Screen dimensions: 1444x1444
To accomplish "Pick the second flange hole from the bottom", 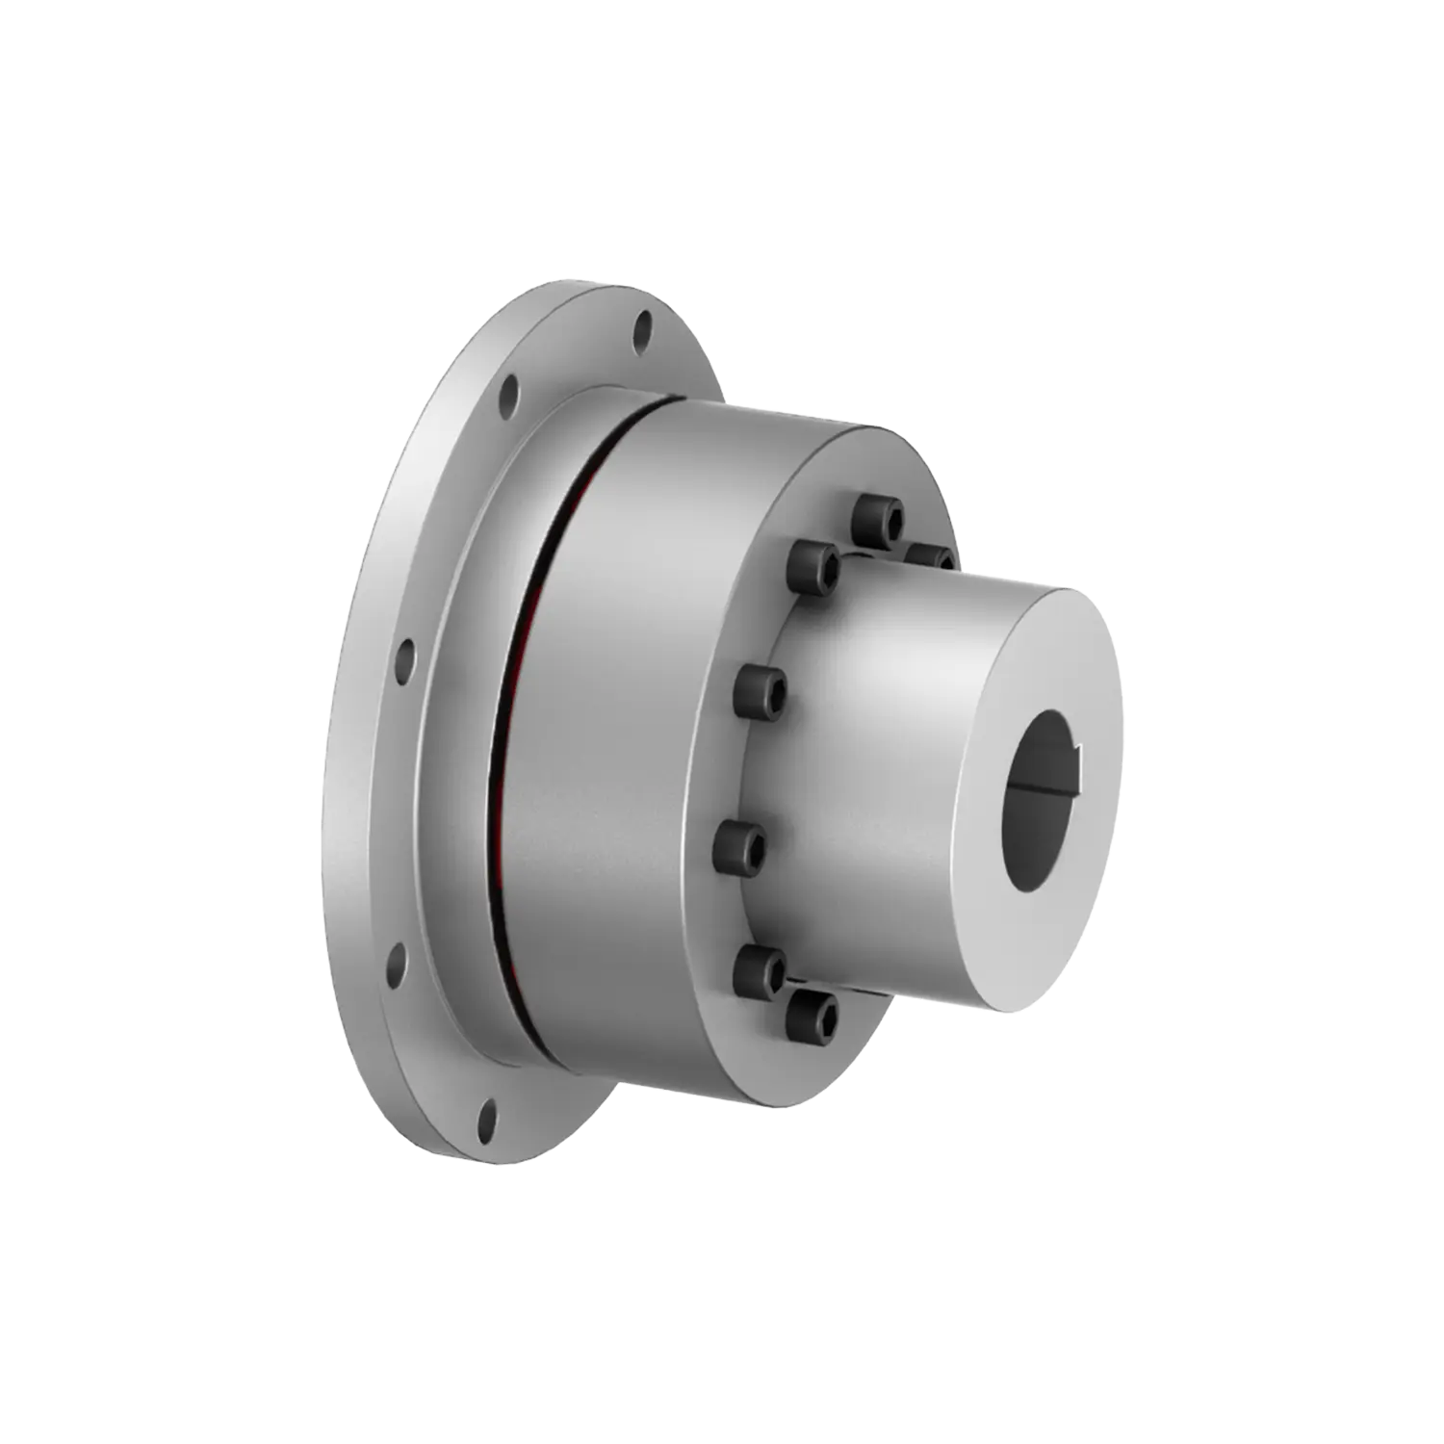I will coord(395,967).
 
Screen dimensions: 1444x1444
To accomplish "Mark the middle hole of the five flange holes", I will coord(405,661).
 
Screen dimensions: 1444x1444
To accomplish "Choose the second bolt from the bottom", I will coord(760,967).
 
